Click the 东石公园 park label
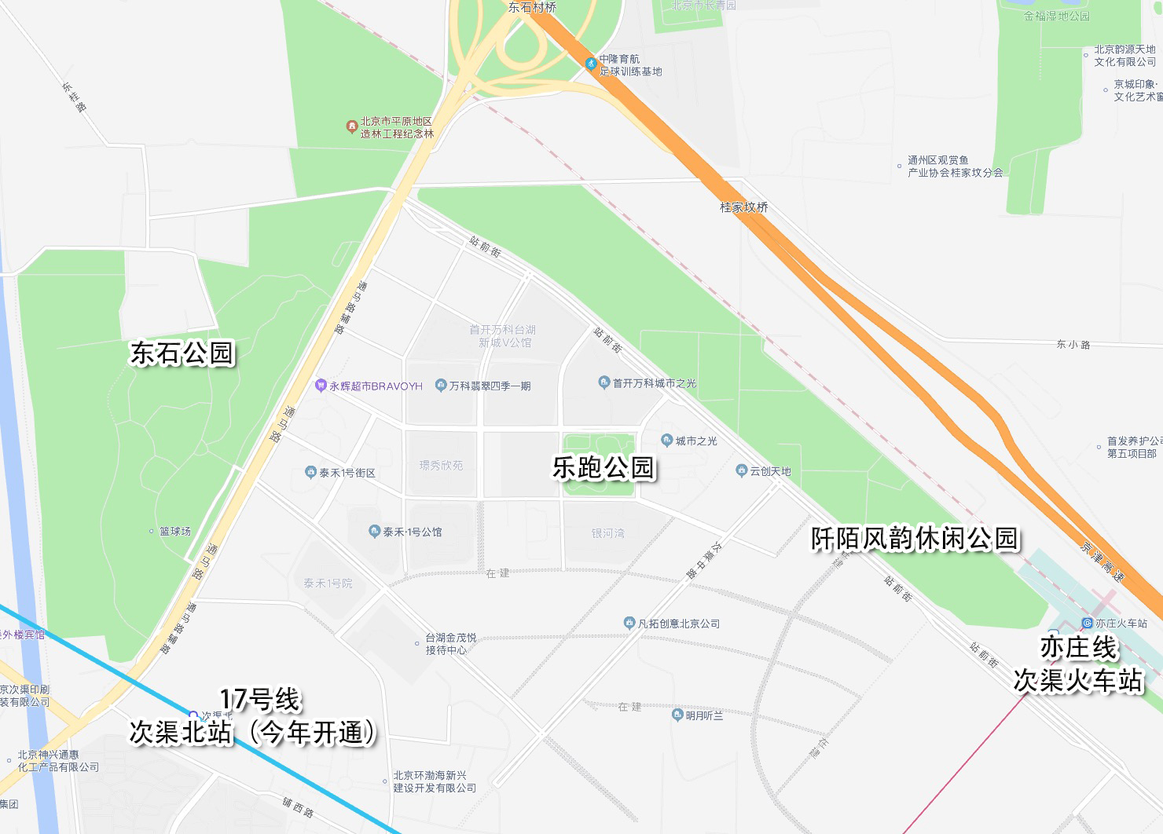[x=182, y=353]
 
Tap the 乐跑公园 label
[x=604, y=468]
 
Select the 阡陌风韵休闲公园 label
[x=915, y=539]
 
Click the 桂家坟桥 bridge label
[x=743, y=207]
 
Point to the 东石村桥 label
[x=532, y=7]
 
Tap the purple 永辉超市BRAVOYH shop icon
[x=321, y=386]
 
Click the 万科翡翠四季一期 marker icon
[x=441, y=386]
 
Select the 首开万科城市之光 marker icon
[x=604, y=382]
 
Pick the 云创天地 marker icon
[x=741, y=471]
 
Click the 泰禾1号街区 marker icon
[x=310, y=473]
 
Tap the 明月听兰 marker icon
[x=677, y=715]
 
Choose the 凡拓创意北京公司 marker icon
[x=629, y=624]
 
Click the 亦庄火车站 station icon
[x=1088, y=623]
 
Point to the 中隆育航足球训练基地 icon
[x=591, y=64]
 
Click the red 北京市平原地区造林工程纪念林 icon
[x=352, y=126]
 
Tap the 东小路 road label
[x=1073, y=344]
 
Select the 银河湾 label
[x=608, y=533]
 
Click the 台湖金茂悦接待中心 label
[x=450, y=644]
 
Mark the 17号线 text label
[x=260, y=699]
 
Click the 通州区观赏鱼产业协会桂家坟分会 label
[x=955, y=166]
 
